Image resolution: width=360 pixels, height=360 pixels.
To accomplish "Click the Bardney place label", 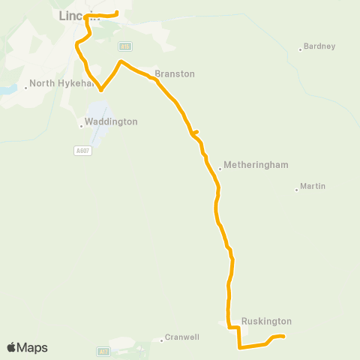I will pos(320,46).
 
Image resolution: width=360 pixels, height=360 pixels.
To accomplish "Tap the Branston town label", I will pos(175,73).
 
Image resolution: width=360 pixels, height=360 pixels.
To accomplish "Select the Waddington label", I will pos(112,121).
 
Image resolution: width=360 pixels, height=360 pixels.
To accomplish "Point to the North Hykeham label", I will pos(62,84).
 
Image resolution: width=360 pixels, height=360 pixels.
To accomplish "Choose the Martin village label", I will pos(313,186).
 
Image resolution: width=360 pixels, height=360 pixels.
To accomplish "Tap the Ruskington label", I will pos(266,321).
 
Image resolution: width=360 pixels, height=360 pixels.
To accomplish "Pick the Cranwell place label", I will pos(182,337).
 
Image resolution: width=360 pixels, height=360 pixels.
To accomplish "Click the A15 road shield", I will pos(125,45).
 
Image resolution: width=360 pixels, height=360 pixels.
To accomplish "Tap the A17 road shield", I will pos(103,350).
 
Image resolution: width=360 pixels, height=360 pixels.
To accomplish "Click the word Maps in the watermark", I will pos(32,348).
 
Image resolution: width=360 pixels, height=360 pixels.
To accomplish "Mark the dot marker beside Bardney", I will pos(301,49).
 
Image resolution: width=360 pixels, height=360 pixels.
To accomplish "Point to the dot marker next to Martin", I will pos(297,189).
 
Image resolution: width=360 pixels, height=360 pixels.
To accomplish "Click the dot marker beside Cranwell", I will pos(162,340).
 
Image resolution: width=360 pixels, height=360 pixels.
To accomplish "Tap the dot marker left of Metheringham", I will pos(220,168).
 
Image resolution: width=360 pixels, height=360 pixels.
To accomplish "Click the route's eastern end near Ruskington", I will pos(284,337).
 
